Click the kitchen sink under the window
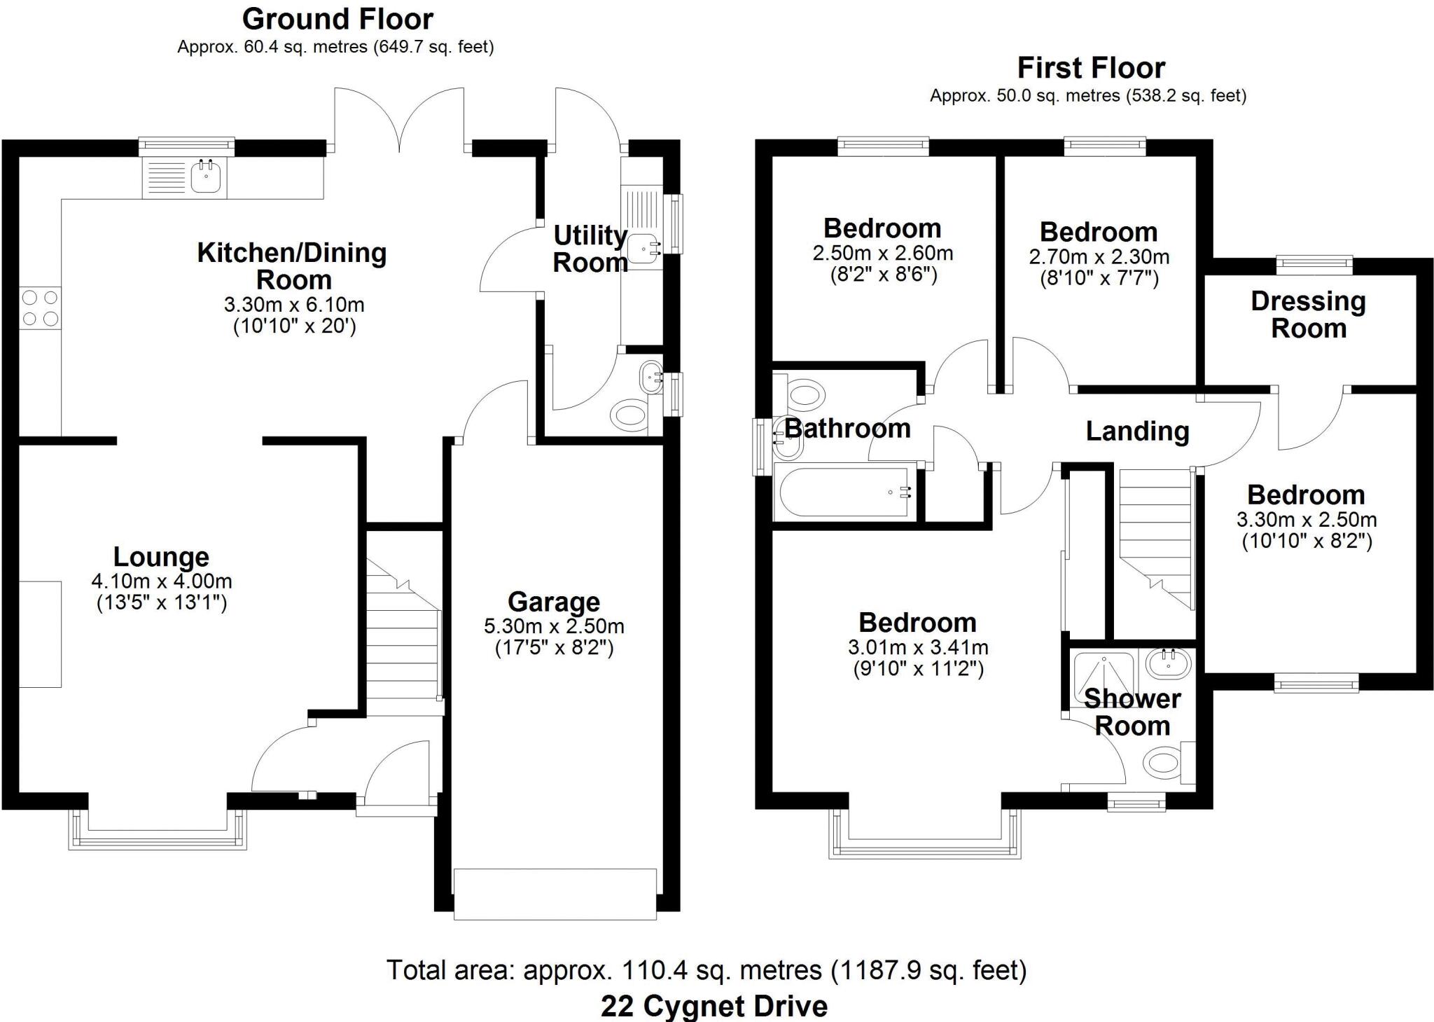(206, 177)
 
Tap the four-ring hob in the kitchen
(40, 308)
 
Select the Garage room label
(553, 602)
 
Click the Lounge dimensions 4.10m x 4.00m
(161, 581)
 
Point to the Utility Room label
(590, 249)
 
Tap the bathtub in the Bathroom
(844, 492)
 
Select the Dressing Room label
(1308, 315)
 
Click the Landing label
(1137, 431)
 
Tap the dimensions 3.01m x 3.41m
(917, 647)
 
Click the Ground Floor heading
(337, 19)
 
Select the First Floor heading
(1091, 68)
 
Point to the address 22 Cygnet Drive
(713, 1006)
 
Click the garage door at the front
(555, 894)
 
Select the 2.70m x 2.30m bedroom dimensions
(1099, 257)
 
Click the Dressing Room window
(1314, 264)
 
